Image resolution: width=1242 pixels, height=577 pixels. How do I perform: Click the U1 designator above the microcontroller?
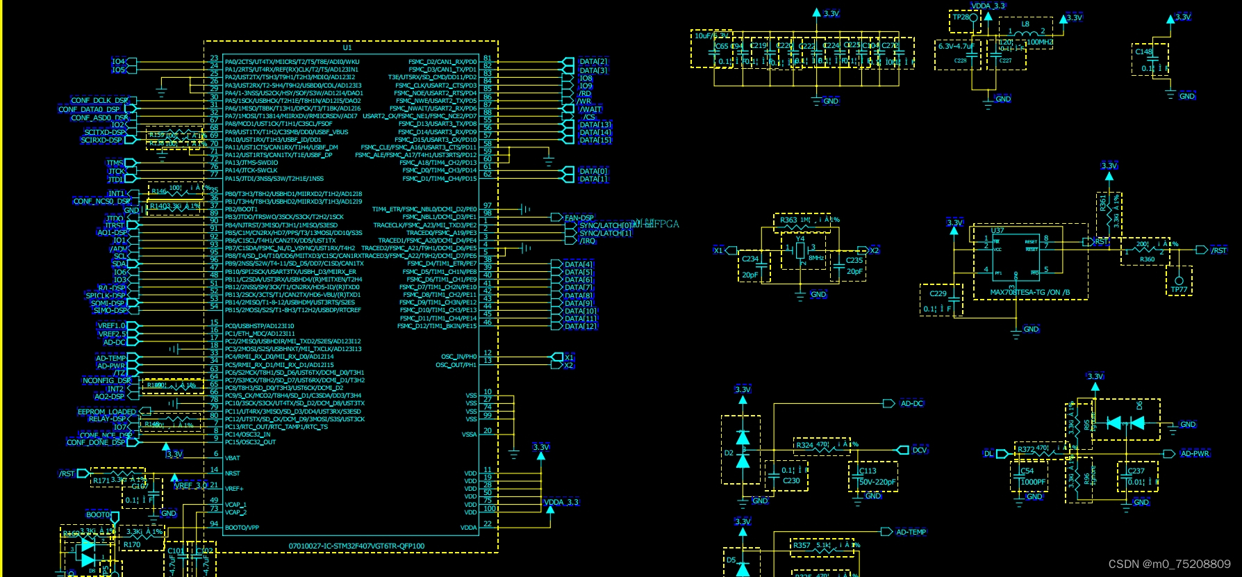pos(347,47)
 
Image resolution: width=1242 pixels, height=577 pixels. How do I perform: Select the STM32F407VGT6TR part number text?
pos(356,546)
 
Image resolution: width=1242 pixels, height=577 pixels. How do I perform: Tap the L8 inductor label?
pos(1025,24)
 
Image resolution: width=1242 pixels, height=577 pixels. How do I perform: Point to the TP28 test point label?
pos(961,17)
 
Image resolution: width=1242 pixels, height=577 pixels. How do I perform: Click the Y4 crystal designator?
pos(800,238)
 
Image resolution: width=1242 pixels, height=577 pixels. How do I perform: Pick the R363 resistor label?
pos(788,220)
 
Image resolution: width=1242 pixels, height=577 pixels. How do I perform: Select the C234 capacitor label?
pos(750,259)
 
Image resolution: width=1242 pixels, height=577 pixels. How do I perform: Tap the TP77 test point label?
pos(1179,289)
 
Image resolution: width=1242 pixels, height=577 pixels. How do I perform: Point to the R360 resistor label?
pos(1147,259)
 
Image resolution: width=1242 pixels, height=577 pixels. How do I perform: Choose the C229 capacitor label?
pos(938,293)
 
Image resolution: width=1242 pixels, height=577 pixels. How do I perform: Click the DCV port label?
pos(920,450)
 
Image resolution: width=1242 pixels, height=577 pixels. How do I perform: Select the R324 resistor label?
pos(804,445)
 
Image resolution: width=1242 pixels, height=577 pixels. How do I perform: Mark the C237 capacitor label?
pos(1136,471)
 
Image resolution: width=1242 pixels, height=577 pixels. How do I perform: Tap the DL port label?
pos(988,453)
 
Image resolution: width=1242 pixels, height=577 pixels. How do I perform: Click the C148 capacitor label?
pos(1143,51)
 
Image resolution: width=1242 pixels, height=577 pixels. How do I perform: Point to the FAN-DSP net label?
pos(579,218)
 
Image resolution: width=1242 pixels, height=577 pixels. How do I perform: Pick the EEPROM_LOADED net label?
pos(107,412)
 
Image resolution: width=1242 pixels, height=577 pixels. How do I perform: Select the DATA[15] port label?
pos(595,140)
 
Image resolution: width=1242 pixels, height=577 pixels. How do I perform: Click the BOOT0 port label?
pos(98,514)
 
